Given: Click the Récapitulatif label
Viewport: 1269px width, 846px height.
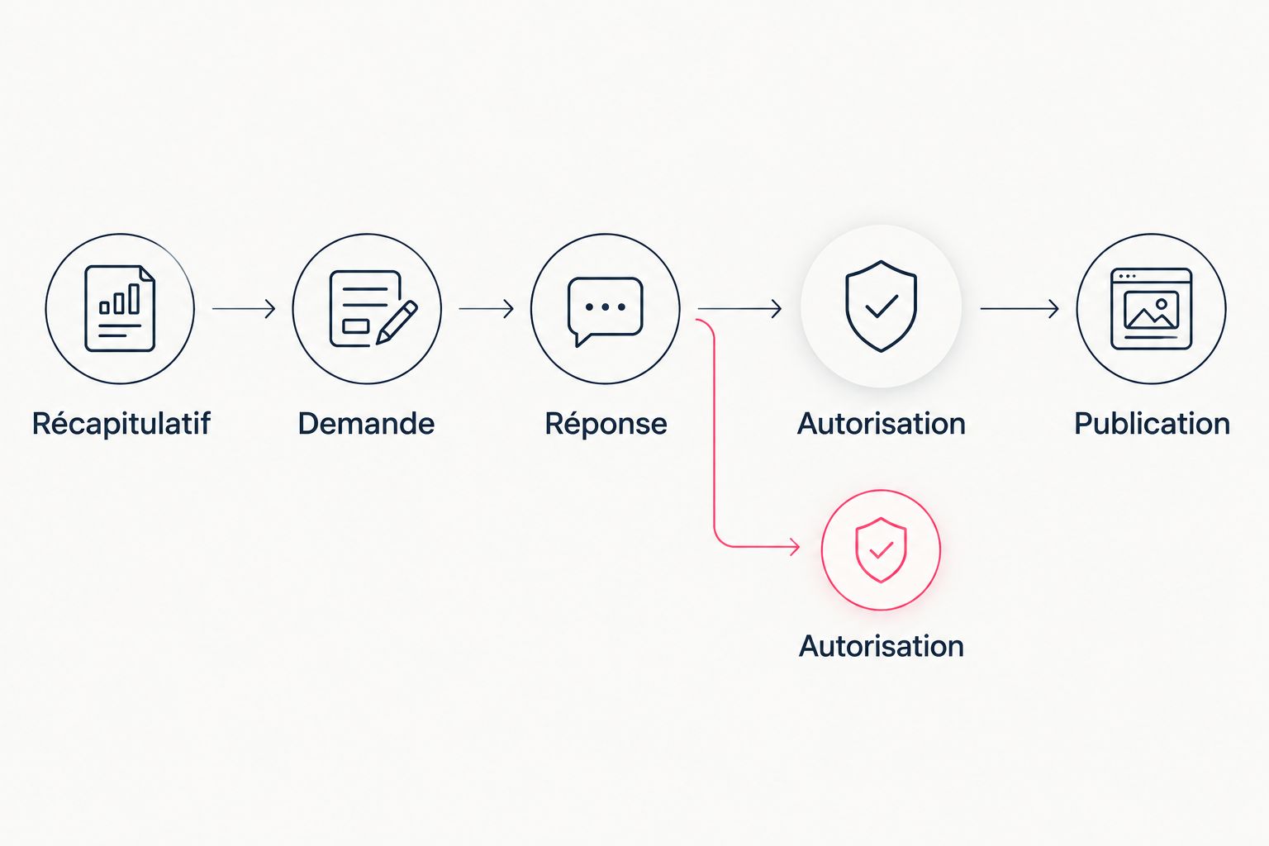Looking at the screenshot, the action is tap(121, 424).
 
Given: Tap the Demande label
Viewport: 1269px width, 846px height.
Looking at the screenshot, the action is tap(367, 423).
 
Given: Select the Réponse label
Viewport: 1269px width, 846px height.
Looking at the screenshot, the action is tap(606, 424).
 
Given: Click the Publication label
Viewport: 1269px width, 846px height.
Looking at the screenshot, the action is tap(1152, 423).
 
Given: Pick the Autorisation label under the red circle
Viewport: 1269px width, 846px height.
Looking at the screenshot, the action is tap(881, 646).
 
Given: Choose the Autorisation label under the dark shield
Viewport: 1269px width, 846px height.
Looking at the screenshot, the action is tap(881, 423).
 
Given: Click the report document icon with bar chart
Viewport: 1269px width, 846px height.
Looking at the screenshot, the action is tap(120, 309).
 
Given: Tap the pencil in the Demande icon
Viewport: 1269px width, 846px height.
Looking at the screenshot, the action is tap(397, 322).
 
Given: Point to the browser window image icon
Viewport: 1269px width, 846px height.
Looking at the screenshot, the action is tap(1151, 309).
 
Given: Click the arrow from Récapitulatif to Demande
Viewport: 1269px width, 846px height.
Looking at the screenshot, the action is tap(244, 309).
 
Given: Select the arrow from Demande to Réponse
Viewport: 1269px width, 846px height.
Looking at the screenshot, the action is tap(486, 309).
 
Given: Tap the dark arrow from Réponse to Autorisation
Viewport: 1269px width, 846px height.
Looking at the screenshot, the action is tap(739, 309).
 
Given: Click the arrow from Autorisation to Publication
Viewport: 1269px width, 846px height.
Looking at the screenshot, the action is tap(1019, 309).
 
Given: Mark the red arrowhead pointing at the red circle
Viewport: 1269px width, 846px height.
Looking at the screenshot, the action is tap(795, 547).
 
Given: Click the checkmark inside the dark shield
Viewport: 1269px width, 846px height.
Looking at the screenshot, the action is tap(881, 307).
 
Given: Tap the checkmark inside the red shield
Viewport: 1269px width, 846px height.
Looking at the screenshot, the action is tap(881, 550).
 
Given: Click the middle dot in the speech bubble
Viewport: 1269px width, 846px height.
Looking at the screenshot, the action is tap(606, 307).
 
